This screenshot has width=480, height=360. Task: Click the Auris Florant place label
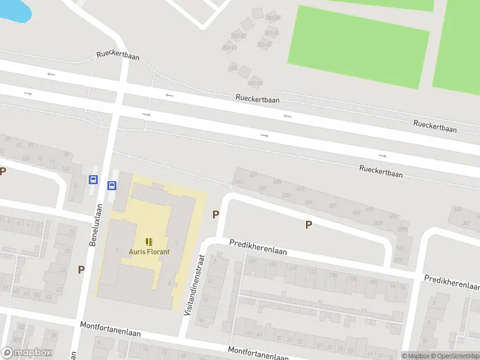pos(149,251)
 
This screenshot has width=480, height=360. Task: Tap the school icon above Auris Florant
pos(149,242)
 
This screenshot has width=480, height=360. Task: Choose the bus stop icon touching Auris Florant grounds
pos(112,185)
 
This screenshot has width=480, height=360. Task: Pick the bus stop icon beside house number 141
pos(93,179)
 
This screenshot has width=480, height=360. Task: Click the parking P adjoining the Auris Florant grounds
pos(215,214)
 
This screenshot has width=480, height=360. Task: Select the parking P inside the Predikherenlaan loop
pos(308,224)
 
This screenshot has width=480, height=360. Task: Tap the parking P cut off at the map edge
pos(2,171)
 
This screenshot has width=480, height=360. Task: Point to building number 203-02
pos(238,35)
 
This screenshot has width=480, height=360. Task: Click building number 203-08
pos(256,83)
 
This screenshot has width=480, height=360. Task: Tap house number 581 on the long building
pos(332,206)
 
